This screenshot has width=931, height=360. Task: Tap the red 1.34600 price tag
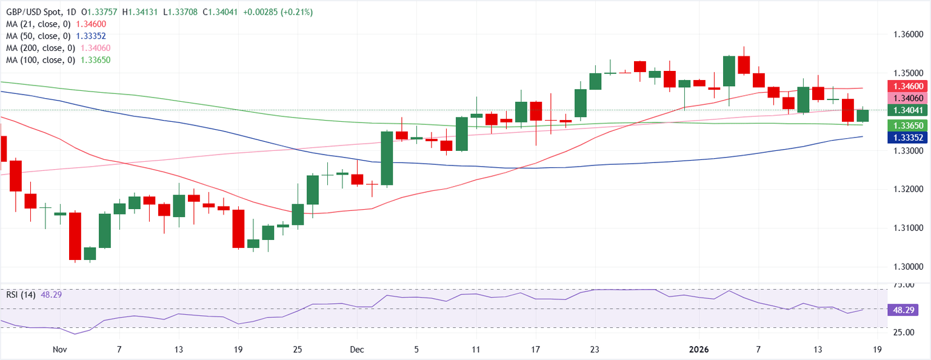click(908, 86)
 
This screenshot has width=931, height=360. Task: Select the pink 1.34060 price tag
click(908, 98)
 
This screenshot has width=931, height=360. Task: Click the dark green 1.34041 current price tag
click(908, 110)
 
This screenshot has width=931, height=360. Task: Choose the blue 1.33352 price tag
click(908, 138)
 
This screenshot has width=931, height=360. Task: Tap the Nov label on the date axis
click(59, 349)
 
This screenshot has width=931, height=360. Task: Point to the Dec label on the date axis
click(356, 349)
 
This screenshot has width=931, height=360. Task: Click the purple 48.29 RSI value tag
click(907, 310)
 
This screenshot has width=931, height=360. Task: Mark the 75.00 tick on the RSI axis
click(907, 285)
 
